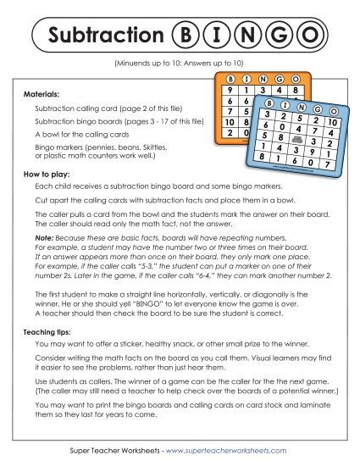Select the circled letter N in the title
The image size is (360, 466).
[247, 36]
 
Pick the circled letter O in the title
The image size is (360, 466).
[311, 36]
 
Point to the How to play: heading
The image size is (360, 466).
[47, 173]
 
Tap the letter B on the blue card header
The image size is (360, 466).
[263, 99]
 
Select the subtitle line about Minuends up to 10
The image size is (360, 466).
[180, 64]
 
